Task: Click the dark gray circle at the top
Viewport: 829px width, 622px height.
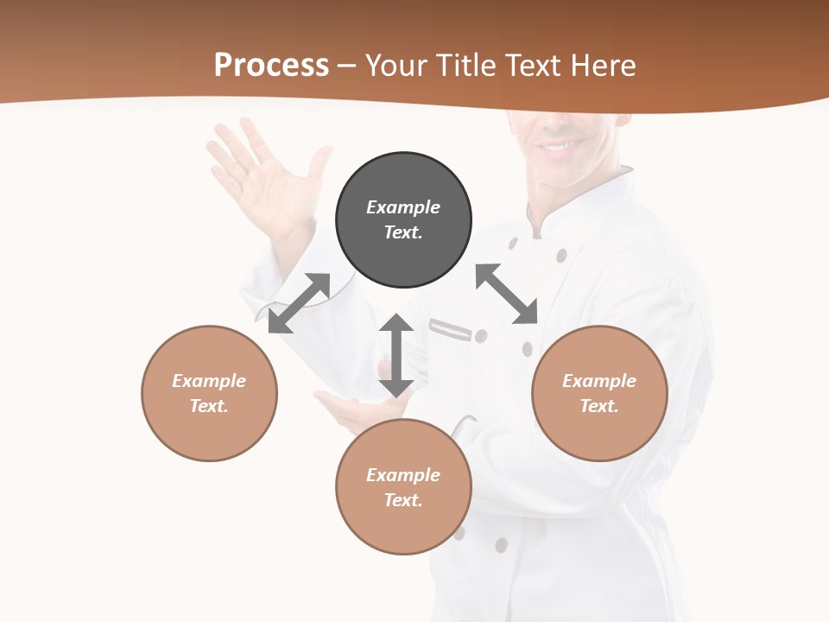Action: tap(403, 219)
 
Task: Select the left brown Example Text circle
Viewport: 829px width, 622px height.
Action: tap(209, 393)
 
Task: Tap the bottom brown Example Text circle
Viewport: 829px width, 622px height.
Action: tap(403, 487)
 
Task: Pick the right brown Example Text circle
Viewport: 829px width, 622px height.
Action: tap(599, 393)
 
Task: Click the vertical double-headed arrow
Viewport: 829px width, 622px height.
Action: tap(396, 355)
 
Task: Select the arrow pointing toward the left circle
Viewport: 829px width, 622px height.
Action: tap(299, 303)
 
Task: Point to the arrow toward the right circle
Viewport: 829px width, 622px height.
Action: tap(507, 294)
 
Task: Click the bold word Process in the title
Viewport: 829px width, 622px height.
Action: tap(271, 65)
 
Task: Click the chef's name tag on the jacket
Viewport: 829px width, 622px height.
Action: tap(451, 328)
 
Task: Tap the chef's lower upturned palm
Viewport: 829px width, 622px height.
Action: tap(350, 406)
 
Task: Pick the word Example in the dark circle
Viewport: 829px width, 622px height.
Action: tap(403, 207)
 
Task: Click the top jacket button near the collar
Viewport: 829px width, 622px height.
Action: tap(561, 255)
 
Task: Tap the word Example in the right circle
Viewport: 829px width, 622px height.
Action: tap(599, 381)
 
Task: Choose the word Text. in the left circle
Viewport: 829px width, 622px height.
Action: tap(209, 406)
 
